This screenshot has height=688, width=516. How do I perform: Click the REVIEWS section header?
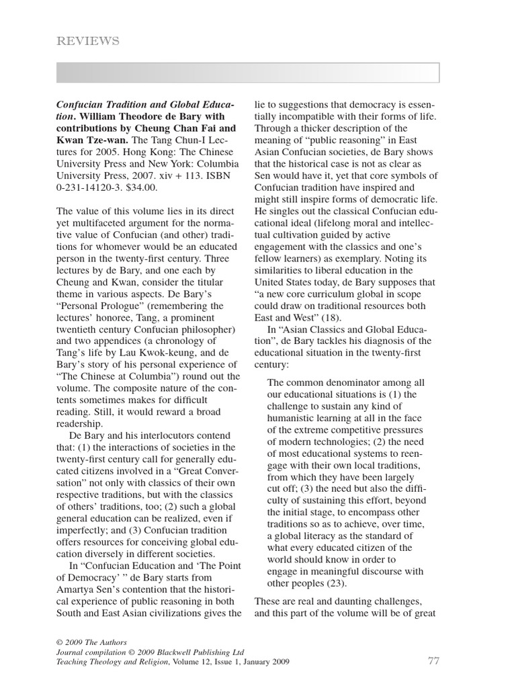point(89,42)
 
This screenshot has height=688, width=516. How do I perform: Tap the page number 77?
point(433,661)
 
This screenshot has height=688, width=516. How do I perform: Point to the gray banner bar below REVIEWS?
point(248,73)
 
